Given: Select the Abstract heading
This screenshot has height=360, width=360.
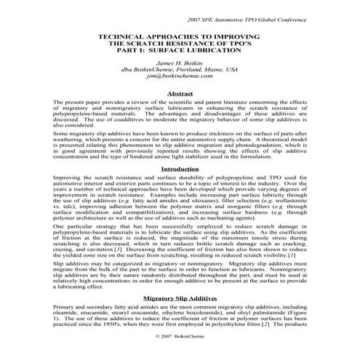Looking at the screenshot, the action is pyautogui.click(x=180, y=93).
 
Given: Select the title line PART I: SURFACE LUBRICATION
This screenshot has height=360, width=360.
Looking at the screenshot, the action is pyautogui.click(x=180, y=49).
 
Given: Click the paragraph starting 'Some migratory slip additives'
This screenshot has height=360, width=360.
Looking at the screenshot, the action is pyautogui.click(x=180, y=164).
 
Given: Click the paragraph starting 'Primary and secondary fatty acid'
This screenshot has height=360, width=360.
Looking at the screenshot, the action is pyautogui.click(x=180, y=337).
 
